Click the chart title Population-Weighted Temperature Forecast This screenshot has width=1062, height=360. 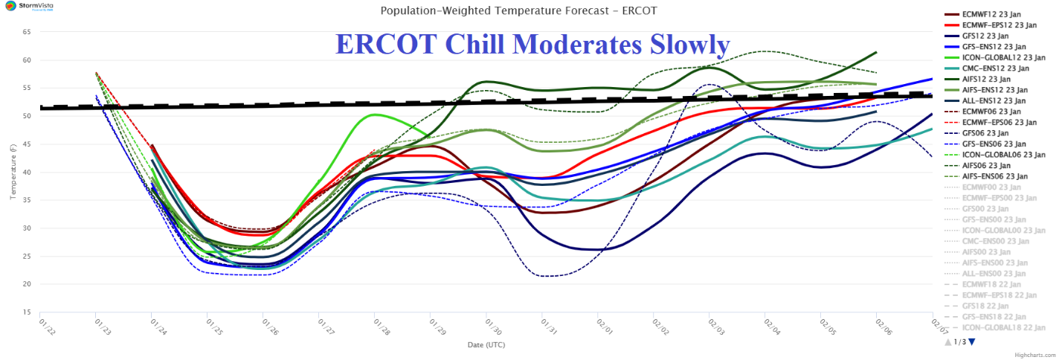pos(518,10)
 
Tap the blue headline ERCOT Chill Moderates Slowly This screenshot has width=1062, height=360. pos(532,45)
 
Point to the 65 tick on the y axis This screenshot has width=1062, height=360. pos(26,33)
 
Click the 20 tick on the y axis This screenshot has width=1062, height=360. pos(26,284)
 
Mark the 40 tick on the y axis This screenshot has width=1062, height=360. pos(26,173)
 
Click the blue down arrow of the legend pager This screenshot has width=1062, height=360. pos(971,342)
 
